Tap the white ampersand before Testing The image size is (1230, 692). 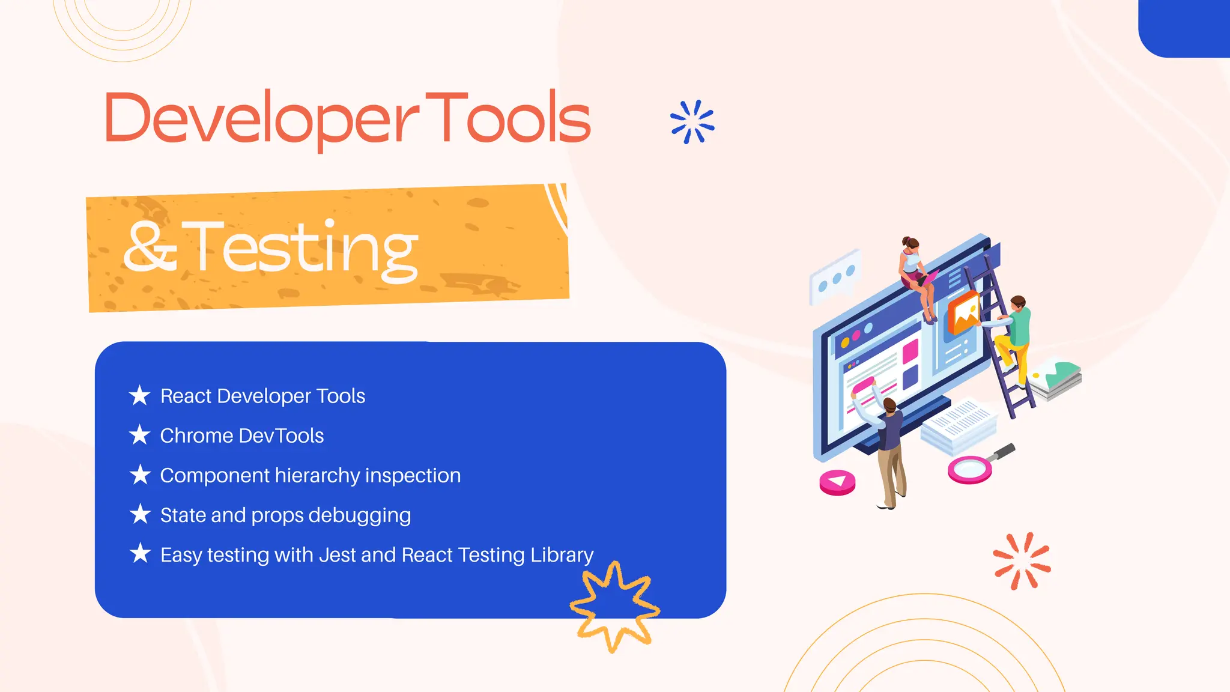click(x=150, y=247)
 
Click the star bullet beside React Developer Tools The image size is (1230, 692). click(x=140, y=395)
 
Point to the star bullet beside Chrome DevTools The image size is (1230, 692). click(x=140, y=435)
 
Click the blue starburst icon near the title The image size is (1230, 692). click(x=692, y=122)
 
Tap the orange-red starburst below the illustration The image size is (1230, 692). click(x=1022, y=561)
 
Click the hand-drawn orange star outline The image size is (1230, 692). click(x=614, y=607)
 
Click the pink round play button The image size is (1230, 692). click(x=837, y=482)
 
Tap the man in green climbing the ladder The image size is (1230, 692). click(x=1014, y=336)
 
